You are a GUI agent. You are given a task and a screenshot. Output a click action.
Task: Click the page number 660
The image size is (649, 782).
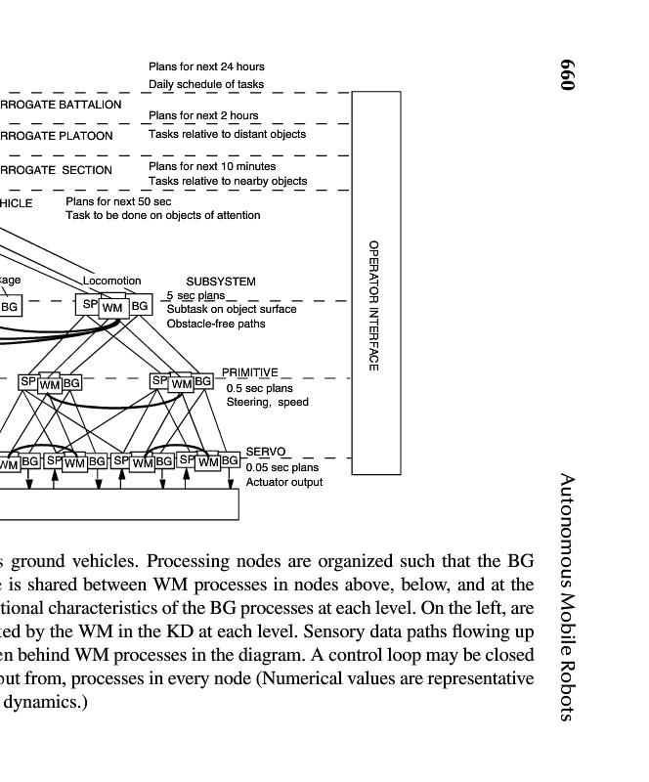click(x=570, y=74)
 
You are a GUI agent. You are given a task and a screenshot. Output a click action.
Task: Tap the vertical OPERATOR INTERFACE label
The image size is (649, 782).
click(x=373, y=305)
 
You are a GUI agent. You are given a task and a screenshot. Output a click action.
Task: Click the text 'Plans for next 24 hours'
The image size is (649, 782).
click(x=206, y=66)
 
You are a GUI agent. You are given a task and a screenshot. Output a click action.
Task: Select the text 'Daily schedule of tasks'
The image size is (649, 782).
click(x=206, y=84)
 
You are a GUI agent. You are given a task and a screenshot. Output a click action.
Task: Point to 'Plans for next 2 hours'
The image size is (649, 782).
click(x=203, y=115)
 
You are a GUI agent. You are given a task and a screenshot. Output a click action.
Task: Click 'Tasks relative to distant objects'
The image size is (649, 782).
click(x=227, y=134)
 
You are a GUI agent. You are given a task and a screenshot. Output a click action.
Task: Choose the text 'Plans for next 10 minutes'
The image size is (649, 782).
click(x=212, y=166)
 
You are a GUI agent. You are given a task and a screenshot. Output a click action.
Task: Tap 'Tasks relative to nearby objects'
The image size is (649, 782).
click(x=228, y=181)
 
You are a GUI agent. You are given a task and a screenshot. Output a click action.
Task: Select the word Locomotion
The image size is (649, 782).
click(x=111, y=282)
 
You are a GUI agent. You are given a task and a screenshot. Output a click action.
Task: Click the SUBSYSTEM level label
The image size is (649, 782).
click(x=221, y=282)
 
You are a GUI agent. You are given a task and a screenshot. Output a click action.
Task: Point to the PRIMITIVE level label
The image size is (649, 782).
click(x=250, y=372)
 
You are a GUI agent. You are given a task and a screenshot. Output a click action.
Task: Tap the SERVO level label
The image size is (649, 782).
click(x=265, y=452)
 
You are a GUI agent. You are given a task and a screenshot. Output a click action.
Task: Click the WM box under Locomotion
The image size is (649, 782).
click(x=113, y=308)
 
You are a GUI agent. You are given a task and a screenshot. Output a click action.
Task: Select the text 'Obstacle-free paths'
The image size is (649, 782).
click(x=215, y=324)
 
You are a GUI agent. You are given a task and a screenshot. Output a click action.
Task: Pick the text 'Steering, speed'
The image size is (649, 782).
click(x=267, y=402)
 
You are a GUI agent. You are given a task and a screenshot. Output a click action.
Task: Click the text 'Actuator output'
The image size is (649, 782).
click(x=283, y=482)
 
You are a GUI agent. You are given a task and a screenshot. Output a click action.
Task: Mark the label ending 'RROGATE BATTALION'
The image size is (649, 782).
click(x=61, y=105)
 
